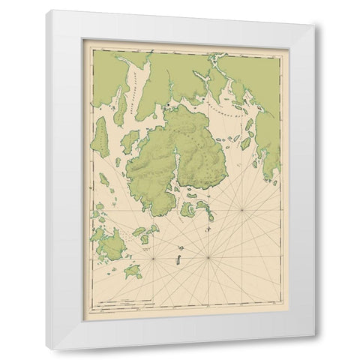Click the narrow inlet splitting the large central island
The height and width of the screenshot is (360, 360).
177,159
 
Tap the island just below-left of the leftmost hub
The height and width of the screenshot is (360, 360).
133,271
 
